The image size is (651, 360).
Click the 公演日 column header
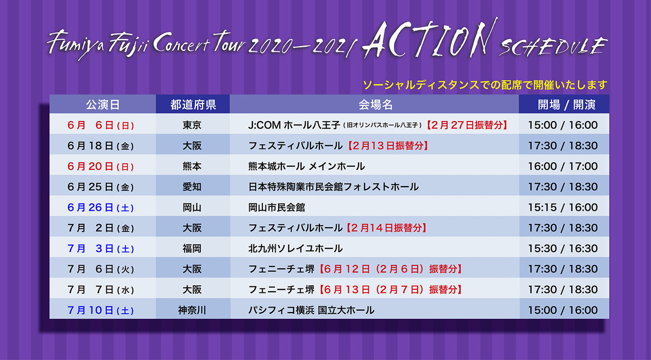[x=103, y=105]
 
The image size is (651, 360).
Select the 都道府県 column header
[x=193, y=105]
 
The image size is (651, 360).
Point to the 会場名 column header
[x=375, y=105]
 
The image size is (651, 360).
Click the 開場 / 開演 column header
[x=567, y=105]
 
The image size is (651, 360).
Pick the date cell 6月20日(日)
[x=101, y=166]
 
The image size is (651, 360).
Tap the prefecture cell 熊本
[x=192, y=166]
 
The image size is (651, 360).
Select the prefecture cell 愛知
[x=192, y=187]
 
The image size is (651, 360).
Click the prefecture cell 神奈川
[x=192, y=310]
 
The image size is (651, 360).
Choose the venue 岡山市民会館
[x=276, y=207]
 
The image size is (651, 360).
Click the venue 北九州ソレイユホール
[x=295, y=249]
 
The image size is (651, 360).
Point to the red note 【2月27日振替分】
[x=467, y=125]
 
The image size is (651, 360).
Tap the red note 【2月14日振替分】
[x=386, y=228]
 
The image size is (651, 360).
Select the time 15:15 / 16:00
[x=563, y=207]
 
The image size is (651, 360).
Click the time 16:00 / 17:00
[x=563, y=166]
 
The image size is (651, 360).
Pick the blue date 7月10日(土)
[x=101, y=310]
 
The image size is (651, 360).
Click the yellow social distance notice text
[x=485, y=85]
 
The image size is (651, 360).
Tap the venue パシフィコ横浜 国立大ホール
[x=311, y=310]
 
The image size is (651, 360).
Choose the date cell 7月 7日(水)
[x=101, y=290]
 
